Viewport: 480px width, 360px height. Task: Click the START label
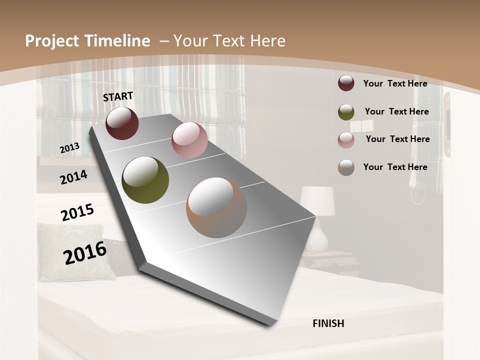(118, 96)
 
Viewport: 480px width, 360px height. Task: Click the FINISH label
(328, 323)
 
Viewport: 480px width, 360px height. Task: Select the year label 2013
(69, 148)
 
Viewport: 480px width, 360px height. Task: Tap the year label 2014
(73, 177)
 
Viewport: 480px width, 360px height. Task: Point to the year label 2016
(85, 252)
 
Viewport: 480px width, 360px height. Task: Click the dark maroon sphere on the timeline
(122, 123)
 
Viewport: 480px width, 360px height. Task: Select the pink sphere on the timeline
(189, 140)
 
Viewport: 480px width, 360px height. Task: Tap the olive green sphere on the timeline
(145, 180)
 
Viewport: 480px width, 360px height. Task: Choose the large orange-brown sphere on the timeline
(216, 208)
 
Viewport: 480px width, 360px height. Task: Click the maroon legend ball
(346, 83)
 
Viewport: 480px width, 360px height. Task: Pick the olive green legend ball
(346, 111)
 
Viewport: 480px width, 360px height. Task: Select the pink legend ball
(346, 139)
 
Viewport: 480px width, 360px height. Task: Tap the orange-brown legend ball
(346, 167)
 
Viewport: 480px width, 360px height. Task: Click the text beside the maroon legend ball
(395, 83)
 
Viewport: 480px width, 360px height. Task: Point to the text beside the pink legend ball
(397, 139)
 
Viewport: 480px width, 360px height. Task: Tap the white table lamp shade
(317, 200)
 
